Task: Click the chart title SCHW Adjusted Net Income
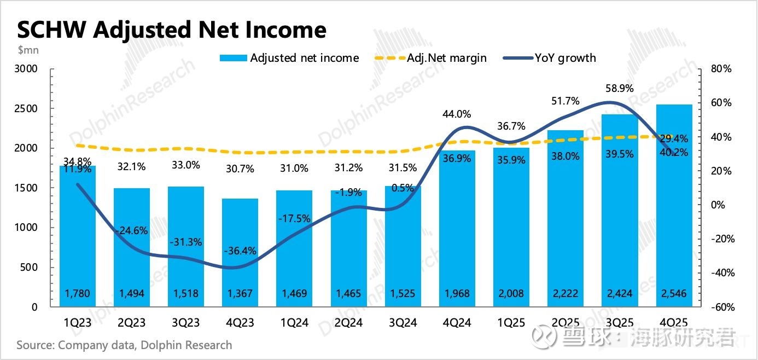tap(172, 30)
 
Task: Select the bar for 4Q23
tap(240, 252)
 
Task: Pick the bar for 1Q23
tap(78, 235)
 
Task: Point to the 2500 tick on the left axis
tap(26, 108)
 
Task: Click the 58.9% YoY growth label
tap(619, 89)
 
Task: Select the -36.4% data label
tap(240, 251)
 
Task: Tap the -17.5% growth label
tap(294, 218)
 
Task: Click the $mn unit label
tap(28, 50)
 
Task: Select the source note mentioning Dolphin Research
tap(124, 345)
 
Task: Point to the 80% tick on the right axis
tap(721, 69)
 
